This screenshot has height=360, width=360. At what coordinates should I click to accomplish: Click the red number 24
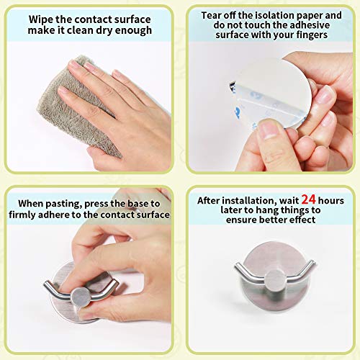click(x=308, y=199)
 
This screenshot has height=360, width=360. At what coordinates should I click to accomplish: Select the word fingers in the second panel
click(x=312, y=35)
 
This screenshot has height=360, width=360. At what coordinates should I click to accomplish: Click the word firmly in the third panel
click(x=22, y=215)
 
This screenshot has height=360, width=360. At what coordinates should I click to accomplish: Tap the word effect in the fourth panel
click(x=302, y=220)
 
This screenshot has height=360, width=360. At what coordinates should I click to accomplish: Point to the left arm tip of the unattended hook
click(x=237, y=265)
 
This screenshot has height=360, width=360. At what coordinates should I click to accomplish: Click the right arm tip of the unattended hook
click(x=312, y=263)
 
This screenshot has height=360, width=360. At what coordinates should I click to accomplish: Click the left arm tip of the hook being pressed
click(x=46, y=284)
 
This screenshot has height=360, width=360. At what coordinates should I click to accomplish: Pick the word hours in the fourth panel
click(x=331, y=201)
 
